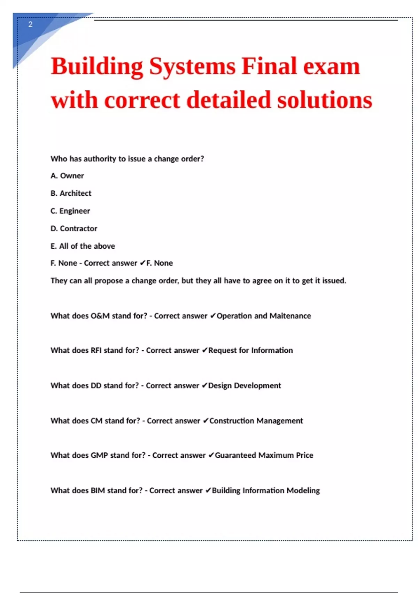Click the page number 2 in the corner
[x=30, y=24]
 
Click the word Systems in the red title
[x=192, y=66]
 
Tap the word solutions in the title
[x=325, y=100]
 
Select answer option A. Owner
[x=67, y=176]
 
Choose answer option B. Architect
[x=71, y=193]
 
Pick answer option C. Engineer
[x=70, y=211]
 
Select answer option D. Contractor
[x=74, y=228]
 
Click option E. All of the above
[x=83, y=246]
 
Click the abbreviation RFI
[x=96, y=351]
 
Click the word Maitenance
[x=290, y=316]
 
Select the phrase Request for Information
[x=250, y=351]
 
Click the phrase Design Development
[x=245, y=386]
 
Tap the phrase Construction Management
[x=256, y=421]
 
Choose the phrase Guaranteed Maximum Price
[x=264, y=456]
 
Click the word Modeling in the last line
[x=303, y=490]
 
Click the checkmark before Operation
[x=213, y=316]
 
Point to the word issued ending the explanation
[x=334, y=281]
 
